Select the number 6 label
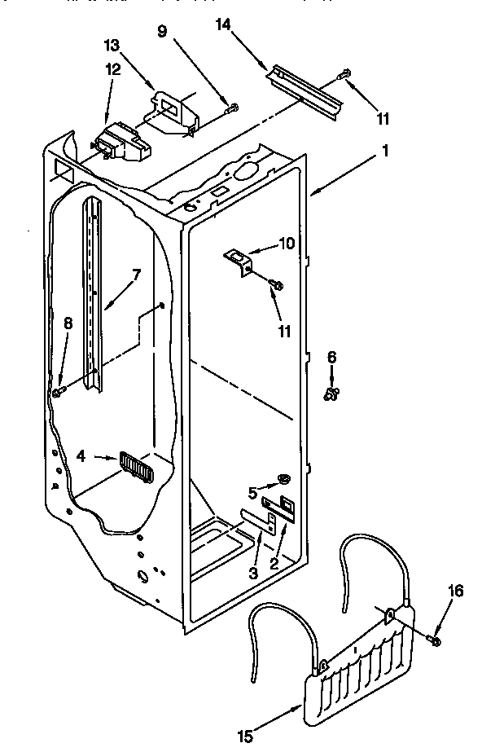click(331, 357)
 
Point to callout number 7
click(136, 275)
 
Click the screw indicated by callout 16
click(433, 641)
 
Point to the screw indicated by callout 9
click(231, 106)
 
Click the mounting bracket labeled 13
click(173, 112)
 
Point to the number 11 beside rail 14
click(383, 118)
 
